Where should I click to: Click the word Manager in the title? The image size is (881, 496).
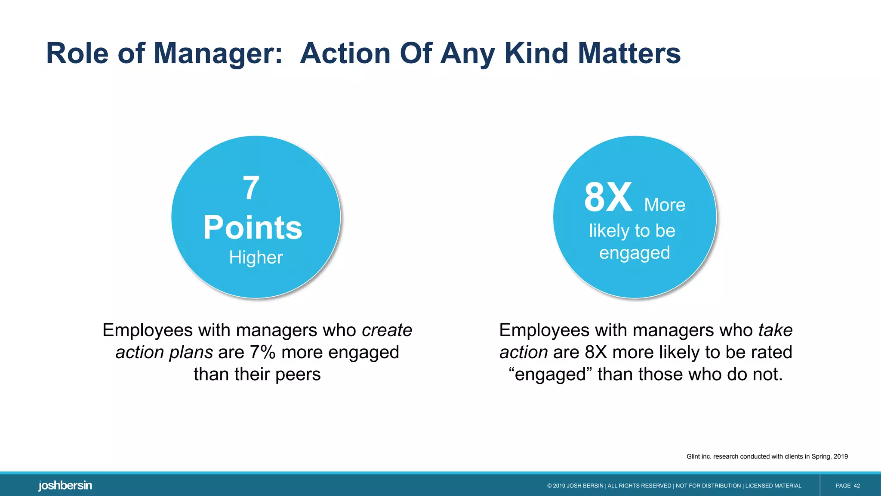(x=218, y=54)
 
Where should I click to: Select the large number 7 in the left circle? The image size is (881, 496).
(x=251, y=188)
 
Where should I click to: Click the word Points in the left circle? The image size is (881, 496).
(x=253, y=228)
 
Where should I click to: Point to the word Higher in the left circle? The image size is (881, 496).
(x=256, y=257)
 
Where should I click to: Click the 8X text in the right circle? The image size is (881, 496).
(x=608, y=198)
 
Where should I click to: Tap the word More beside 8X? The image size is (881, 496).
(x=665, y=205)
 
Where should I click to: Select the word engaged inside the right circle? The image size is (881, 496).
(x=635, y=253)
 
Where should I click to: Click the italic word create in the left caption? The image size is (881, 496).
(x=387, y=330)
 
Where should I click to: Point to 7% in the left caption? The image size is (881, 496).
(x=262, y=352)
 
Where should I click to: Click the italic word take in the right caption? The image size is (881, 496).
(x=775, y=330)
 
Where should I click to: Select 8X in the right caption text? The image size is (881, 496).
(x=595, y=352)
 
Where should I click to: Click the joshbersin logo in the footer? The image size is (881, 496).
(x=65, y=486)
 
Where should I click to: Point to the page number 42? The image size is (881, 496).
(x=856, y=486)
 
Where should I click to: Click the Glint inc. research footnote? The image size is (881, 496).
(x=767, y=456)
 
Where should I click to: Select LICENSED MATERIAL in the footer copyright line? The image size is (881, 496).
(x=773, y=486)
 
